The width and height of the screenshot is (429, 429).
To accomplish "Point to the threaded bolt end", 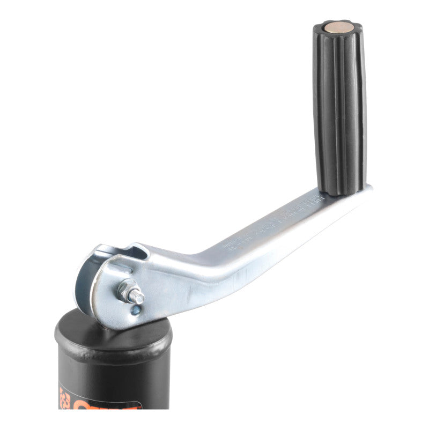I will [138, 296].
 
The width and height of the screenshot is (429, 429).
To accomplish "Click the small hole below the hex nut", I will [136, 309].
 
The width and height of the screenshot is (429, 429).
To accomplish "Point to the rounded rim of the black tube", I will [113, 349].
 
